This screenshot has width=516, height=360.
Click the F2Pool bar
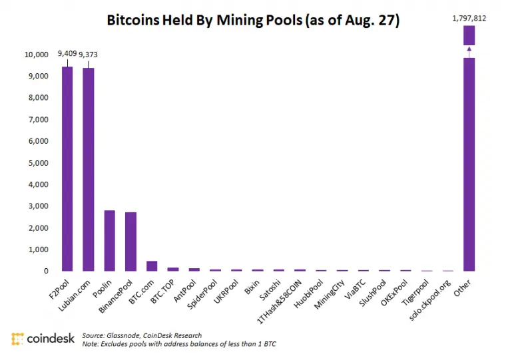[x=67, y=169]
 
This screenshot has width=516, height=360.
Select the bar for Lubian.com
[x=88, y=170]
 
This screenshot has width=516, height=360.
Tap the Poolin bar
[x=109, y=240]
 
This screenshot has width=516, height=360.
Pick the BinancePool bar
[x=130, y=242]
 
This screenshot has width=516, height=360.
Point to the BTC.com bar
[x=152, y=266]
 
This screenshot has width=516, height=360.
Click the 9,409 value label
[x=68, y=53]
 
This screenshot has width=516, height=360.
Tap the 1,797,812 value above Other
[x=469, y=18]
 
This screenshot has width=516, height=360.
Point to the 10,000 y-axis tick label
[x=35, y=54]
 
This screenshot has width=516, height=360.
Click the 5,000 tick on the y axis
[x=37, y=162]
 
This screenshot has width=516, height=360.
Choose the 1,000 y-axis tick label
[x=37, y=250]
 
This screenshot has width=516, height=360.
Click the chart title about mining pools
[x=253, y=21]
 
